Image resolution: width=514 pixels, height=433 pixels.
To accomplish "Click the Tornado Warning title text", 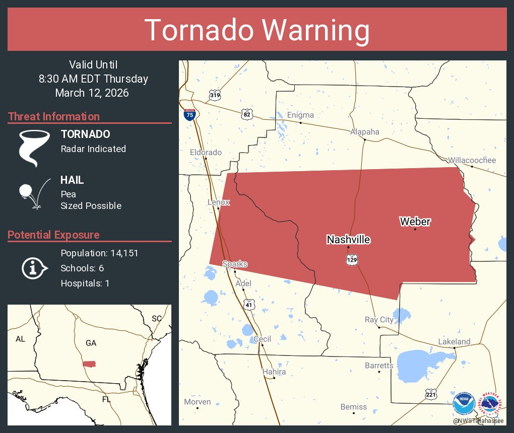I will click(x=257, y=30).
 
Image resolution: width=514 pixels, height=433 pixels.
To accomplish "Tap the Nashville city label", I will click(x=348, y=240).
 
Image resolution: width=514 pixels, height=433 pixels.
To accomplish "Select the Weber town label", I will click(x=415, y=222).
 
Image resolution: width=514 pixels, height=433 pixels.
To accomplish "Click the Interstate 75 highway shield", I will click(x=189, y=114).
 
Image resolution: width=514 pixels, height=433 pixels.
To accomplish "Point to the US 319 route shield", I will click(x=215, y=94).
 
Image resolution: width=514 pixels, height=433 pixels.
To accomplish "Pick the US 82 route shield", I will click(x=246, y=114).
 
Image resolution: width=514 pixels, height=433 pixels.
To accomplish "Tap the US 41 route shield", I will click(x=249, y=304).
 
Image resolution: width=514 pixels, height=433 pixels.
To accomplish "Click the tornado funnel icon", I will click(x=34, y=148).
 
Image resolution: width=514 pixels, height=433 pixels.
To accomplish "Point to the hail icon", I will click(x=33, y=193).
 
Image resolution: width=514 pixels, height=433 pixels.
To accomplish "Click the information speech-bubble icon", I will click(x=34, y=268).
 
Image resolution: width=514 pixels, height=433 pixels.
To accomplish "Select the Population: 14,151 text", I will click(x=99, y=253).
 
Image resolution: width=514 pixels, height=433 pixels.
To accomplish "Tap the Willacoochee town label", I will click(x=472, y=160).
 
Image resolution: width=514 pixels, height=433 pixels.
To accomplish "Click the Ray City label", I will click(x=379, y=320).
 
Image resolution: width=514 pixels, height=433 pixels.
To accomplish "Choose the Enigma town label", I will click(x=300, y=115).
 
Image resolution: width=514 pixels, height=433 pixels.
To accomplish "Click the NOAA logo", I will click(x=464, y=404).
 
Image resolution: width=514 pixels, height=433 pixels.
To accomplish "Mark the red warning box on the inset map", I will click(x=89, y=364).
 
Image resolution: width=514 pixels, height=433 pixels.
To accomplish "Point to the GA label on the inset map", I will click(x=91, y=343).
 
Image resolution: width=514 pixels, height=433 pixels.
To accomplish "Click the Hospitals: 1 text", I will click(x=85, y=283).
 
